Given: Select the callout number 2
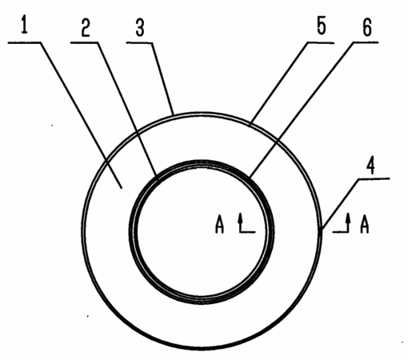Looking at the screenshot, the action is coord(86,28).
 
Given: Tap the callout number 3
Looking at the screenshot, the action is coord(140,28).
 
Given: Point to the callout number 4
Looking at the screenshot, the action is coord(370,166).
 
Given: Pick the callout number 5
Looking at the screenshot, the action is coord(322,26).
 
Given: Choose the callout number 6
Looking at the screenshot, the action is coord(367,28).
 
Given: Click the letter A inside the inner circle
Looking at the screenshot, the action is coord(219,225).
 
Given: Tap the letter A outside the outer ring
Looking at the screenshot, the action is coord(364,225).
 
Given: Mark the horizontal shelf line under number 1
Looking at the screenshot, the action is coord(24,42).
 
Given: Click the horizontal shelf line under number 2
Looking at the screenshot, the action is coord(85,42).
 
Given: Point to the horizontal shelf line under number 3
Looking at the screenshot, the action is coord(140,42).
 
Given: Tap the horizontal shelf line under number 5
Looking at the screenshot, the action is coord(321,42).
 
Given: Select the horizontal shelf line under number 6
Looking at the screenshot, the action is coord(366,42).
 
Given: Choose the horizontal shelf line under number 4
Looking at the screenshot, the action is coord(374,179).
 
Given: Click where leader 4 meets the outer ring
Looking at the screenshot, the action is coord(321,230).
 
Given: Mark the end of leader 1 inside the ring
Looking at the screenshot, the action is coord(122,188).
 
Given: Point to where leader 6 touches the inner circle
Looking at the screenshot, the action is coord(250,177).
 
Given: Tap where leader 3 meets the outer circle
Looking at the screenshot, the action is coord(174,115).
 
